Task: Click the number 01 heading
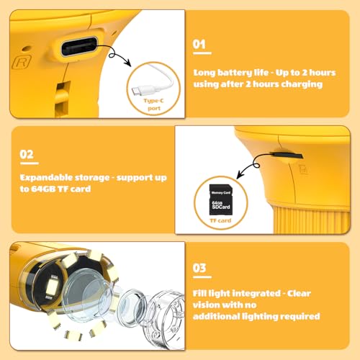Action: click(199, 45)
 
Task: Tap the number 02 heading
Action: click(27, 154)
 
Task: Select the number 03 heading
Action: click(199, 268)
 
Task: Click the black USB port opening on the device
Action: click(79, 47)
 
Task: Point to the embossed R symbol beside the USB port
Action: click(22, 63)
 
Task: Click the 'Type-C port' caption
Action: click(153, 104)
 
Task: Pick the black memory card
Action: click(221, 199)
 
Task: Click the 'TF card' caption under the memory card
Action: click(220, 220)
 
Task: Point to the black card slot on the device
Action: click(287, 156)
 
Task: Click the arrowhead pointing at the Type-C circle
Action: click(127, 63)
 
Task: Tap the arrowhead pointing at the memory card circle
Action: click(240, 174)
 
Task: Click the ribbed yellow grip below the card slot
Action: click(311, 220)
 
